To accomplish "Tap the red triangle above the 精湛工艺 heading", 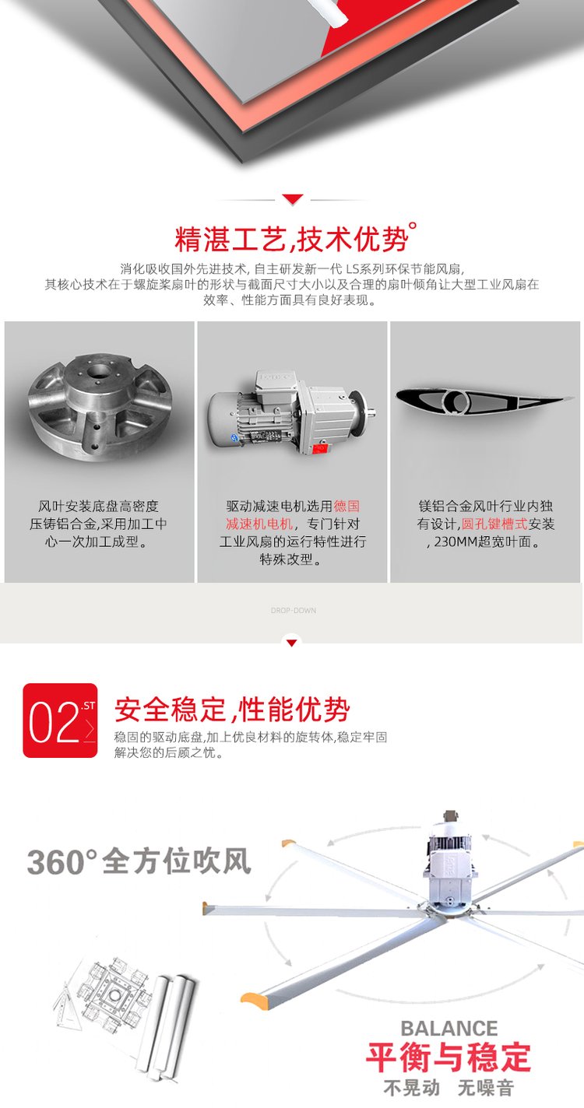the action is (x=292, y=199).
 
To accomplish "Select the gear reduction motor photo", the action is (x=291, y=413).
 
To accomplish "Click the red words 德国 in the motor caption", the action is (x=347, y=506).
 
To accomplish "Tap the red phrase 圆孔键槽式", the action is (x=494, y=524).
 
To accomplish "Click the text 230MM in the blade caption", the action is (x=452, y=542).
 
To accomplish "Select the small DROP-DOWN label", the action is (x=293, y=610).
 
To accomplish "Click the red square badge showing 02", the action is (x=61, y=721).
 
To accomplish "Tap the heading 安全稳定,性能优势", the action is (x=232, y=710).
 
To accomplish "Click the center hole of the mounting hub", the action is (x=99, y=372).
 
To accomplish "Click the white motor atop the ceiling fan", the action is (x=450, y=856).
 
